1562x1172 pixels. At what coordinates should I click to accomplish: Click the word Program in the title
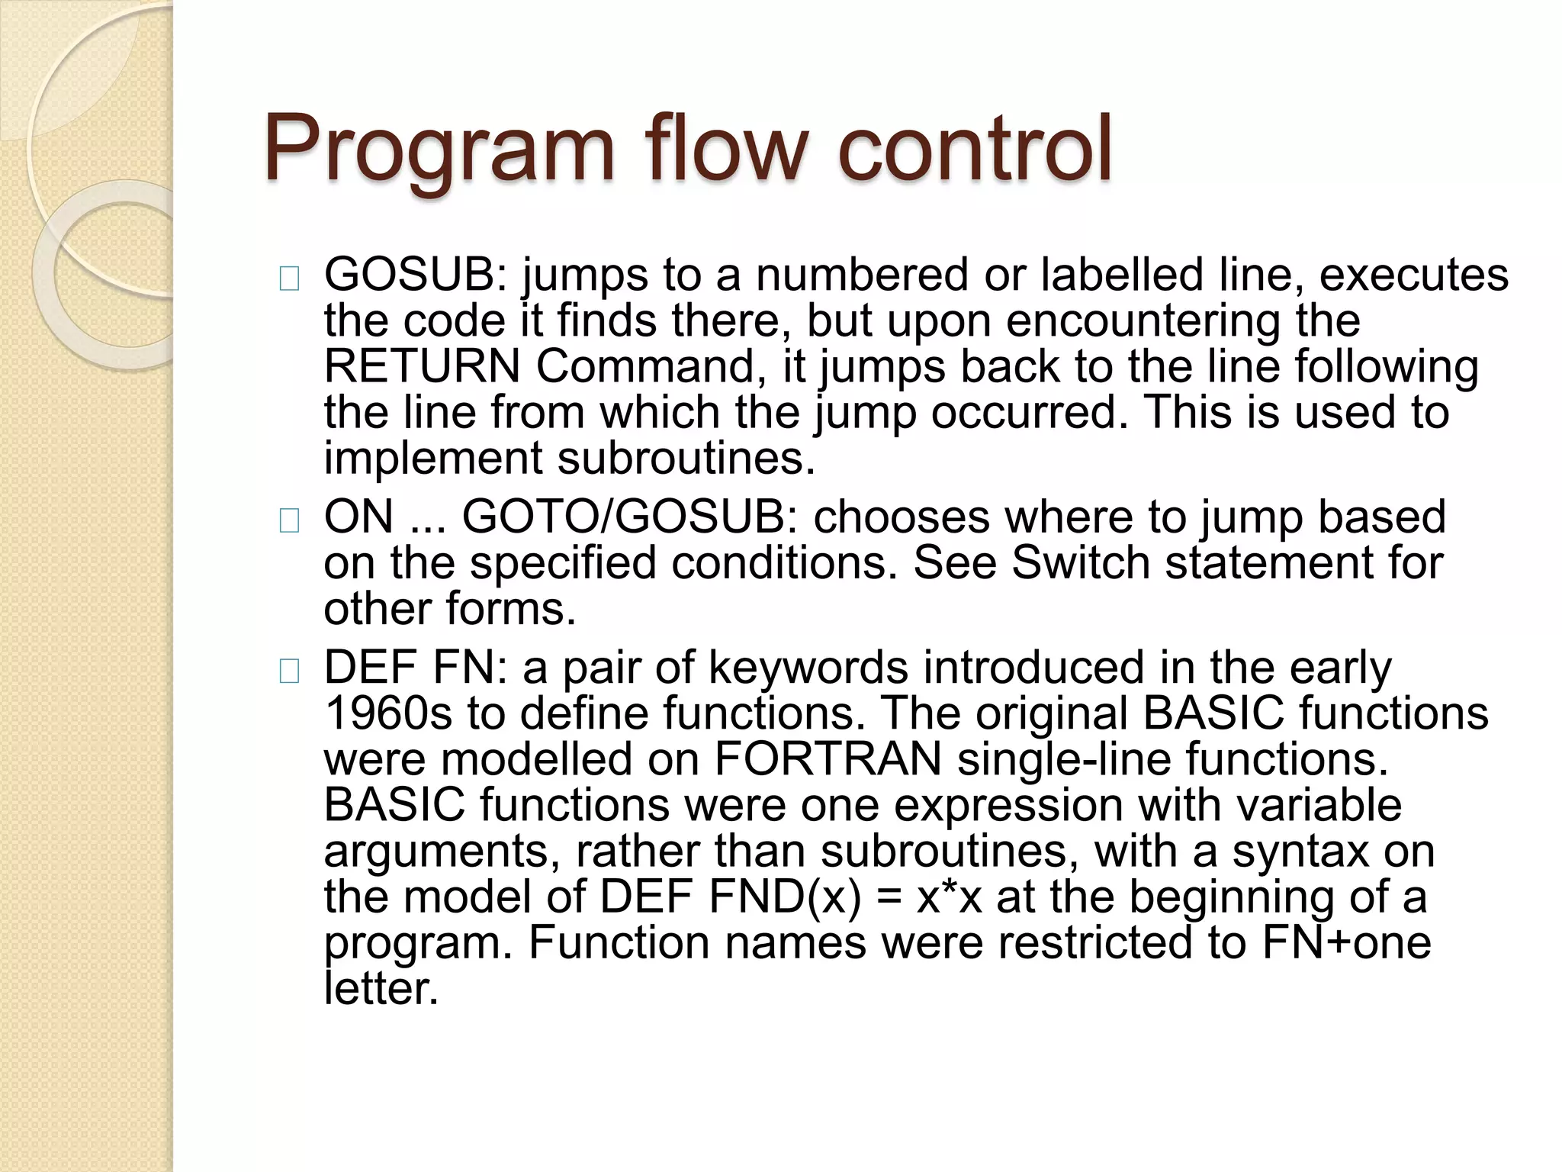coord(439,150)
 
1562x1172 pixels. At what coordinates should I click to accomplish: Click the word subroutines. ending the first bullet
coord(686,459)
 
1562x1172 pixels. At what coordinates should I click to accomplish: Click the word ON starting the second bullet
coord(358,517)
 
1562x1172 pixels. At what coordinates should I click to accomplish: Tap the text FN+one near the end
coord(1346,943)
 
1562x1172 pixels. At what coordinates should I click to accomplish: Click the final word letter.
coord(381,989)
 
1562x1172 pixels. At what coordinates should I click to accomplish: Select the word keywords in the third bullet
coord(808,668)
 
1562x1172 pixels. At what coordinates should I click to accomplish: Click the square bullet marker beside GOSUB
coord(290,280)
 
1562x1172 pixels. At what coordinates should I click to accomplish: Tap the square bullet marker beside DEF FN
coord(290,672)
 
